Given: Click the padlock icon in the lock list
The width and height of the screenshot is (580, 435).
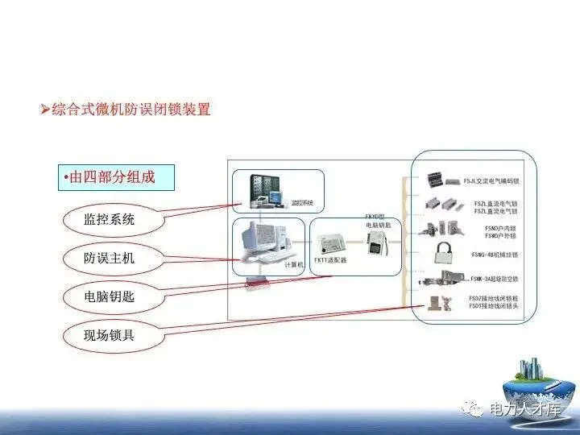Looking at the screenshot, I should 442,253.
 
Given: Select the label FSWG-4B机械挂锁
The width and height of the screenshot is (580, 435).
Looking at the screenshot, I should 495,254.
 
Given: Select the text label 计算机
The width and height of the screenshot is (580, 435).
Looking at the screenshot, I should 294,263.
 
